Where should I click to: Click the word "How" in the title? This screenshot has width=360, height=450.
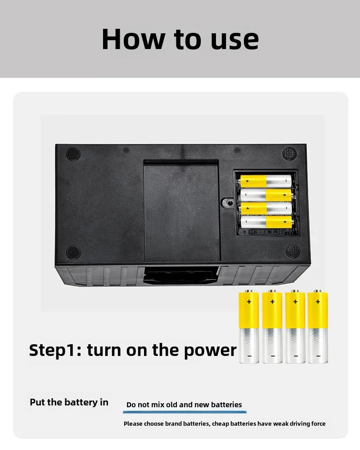coord(133,39)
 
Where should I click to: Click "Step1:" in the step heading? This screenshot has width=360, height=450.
coord(55,351)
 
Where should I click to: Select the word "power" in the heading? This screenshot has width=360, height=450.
coord(210,351)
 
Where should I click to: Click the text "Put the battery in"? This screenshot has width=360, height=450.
coord(69,402)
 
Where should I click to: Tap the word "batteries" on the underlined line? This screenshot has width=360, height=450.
coord(226,405)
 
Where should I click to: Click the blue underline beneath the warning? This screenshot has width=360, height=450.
coord(184,412)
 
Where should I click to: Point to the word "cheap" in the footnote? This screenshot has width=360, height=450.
coord(220,423)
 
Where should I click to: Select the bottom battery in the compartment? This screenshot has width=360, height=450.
coord(266,222)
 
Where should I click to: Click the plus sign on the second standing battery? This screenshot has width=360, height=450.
coord(272,301)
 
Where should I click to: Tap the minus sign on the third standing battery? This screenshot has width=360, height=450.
coord(295,356)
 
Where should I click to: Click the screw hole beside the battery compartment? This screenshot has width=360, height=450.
coord(229,203)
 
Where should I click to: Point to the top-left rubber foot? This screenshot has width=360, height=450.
coord(73,154)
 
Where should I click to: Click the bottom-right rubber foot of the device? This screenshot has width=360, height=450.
coord(293,251)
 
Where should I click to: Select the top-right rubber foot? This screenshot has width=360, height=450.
coord(289,153)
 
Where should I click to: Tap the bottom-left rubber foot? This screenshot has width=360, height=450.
coord(73,252)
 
